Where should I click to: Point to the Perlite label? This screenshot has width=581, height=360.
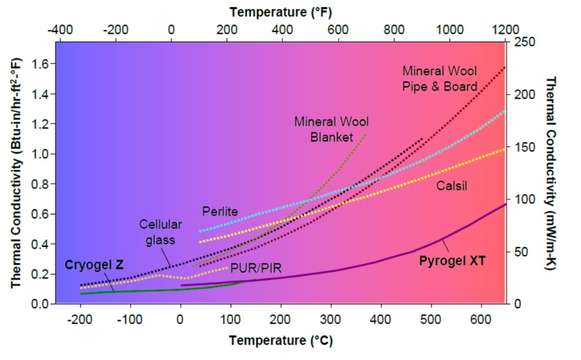(x=220, y=212)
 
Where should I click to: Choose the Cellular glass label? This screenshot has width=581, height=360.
(x=157, y=231)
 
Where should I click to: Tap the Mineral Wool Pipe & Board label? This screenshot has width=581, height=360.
(x=439, y=78)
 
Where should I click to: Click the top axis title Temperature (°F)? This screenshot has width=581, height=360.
(x=280, y=12)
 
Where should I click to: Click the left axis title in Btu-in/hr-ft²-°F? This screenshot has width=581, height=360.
(x=15, y=173)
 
